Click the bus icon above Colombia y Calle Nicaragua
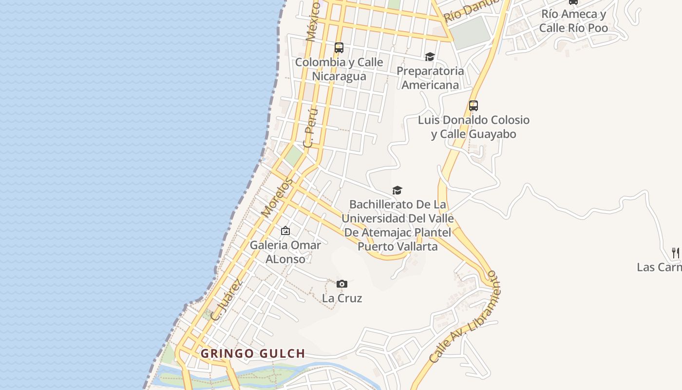[339, 48]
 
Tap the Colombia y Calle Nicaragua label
[339, 69]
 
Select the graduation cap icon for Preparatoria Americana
[430, 57]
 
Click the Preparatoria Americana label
[430, 78]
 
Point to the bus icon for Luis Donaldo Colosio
[474, 105]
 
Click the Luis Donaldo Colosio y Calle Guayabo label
[474, 127]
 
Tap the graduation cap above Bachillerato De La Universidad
[398, 190]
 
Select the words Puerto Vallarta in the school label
[398, 246]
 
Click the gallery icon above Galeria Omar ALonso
[285, 231]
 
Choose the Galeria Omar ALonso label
[285, 252]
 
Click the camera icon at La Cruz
[342, 284]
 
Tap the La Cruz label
[342, 298]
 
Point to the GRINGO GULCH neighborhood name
[253, 353]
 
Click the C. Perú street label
[310, 128]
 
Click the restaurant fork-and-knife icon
[676, 253]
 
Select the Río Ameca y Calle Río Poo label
[574, 21]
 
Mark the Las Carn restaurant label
[660, 267]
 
